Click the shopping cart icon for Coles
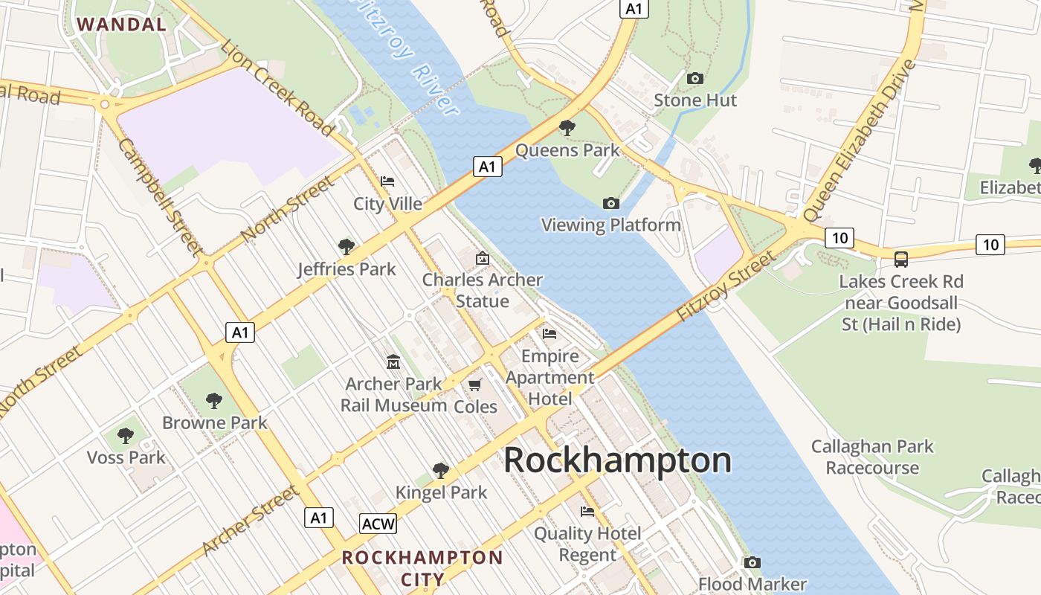pyautogui.click(x=475, y=385)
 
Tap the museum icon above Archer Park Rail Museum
pyautogui.click(x=393, y=362)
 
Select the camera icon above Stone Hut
pyautogui.click(x=695, y=78)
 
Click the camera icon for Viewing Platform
pyautogui.click(x=610, y=203)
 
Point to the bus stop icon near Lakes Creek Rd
pyautogui.click(x=901, y=260)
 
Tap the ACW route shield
pyautogui.click(x=378, y=524)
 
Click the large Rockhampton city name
pyautogui.click(x=617, y=460)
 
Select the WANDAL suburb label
pyautogui.click(x=122, y=25)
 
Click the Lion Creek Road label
pyautogui.click(x=277, y=88)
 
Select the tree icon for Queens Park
pyautogui.click(x=567, y=128)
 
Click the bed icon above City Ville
pyautogui.click(x=387, y=181)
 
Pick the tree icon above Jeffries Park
pyautogui.click(x=346, y=246)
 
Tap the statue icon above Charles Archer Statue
pyautogui.click(x=483, y=258)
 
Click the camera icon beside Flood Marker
pyautogui.click(x=752, y=562)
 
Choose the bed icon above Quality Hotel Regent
pyautogui.click(x=587, y=511)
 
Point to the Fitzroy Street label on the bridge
pyautogui.click(x=725, y=286)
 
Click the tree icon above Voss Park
pyautogui.click(x=126, y=434)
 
